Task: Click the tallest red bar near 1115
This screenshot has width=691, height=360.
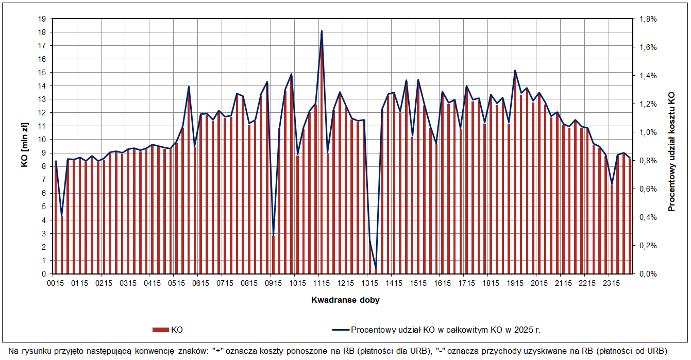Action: [x=322, y=155]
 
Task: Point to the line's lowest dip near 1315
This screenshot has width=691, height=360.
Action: [x=376, y=268]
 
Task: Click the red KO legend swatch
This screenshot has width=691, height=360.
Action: [x=161, y=330]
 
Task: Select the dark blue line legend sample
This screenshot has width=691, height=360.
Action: [x=341, y=330]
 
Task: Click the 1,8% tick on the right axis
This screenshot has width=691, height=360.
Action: [x=648, y=19]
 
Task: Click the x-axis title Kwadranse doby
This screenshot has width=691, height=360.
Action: [x=345, y=300]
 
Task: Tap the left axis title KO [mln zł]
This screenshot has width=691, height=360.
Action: [x=25, y=146]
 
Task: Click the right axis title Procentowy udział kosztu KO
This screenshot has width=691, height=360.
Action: [x=671, y=152]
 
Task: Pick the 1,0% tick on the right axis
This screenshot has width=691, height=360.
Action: [x=648, y=132]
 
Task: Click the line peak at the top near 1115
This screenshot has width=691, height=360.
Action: [x=322, y=31]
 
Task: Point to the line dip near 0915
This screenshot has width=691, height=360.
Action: [x=273, y=235]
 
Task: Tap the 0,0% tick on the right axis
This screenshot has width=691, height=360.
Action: [x=648, y=274]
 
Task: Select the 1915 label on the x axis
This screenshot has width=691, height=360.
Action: [x=515, y=283]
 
